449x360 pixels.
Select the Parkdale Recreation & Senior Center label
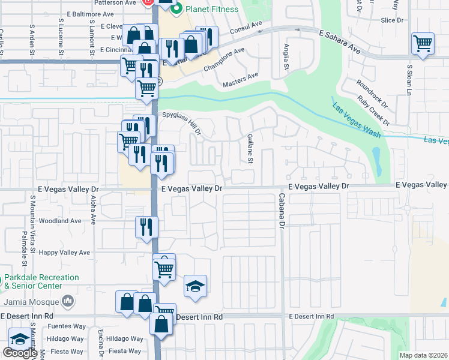pos(41,282)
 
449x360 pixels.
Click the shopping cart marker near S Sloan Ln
pos(423,44)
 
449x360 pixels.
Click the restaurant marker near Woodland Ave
pos(146,227)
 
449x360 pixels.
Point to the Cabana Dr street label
pos(280,210)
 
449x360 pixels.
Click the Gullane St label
pos(250,148)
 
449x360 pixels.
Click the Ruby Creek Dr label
pos(373,110)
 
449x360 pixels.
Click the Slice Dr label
pos(391,20)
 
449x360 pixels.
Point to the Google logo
pos(20,353)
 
